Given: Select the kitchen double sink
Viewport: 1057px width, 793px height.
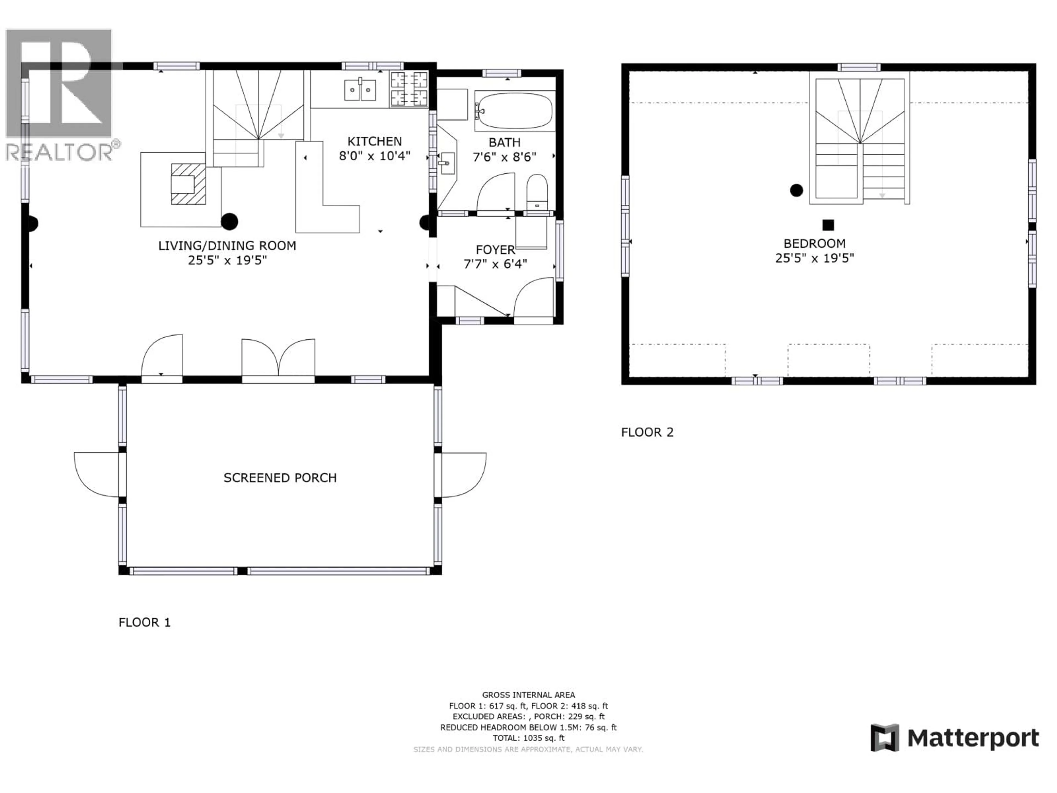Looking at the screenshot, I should point(360,90).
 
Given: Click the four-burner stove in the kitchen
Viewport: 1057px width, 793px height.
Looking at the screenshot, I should point(409,88).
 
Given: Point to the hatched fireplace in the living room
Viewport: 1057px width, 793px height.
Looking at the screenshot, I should point(188,184).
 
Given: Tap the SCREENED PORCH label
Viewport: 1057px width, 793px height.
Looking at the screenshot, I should point(280,477).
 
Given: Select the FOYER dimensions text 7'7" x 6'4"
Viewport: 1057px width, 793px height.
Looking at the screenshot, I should point(495,264).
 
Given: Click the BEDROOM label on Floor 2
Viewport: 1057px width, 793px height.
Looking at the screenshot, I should point(814,243).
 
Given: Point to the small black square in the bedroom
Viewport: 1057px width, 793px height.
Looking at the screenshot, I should point(828,225).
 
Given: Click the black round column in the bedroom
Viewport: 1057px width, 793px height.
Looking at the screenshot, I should point(796,190).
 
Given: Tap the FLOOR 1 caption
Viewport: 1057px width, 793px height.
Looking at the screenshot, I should point(144,622).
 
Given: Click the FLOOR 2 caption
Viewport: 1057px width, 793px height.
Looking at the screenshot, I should point(647,432).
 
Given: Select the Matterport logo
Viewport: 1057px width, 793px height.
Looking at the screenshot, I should point(954,738).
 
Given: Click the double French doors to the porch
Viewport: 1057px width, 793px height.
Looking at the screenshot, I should point(278,361).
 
